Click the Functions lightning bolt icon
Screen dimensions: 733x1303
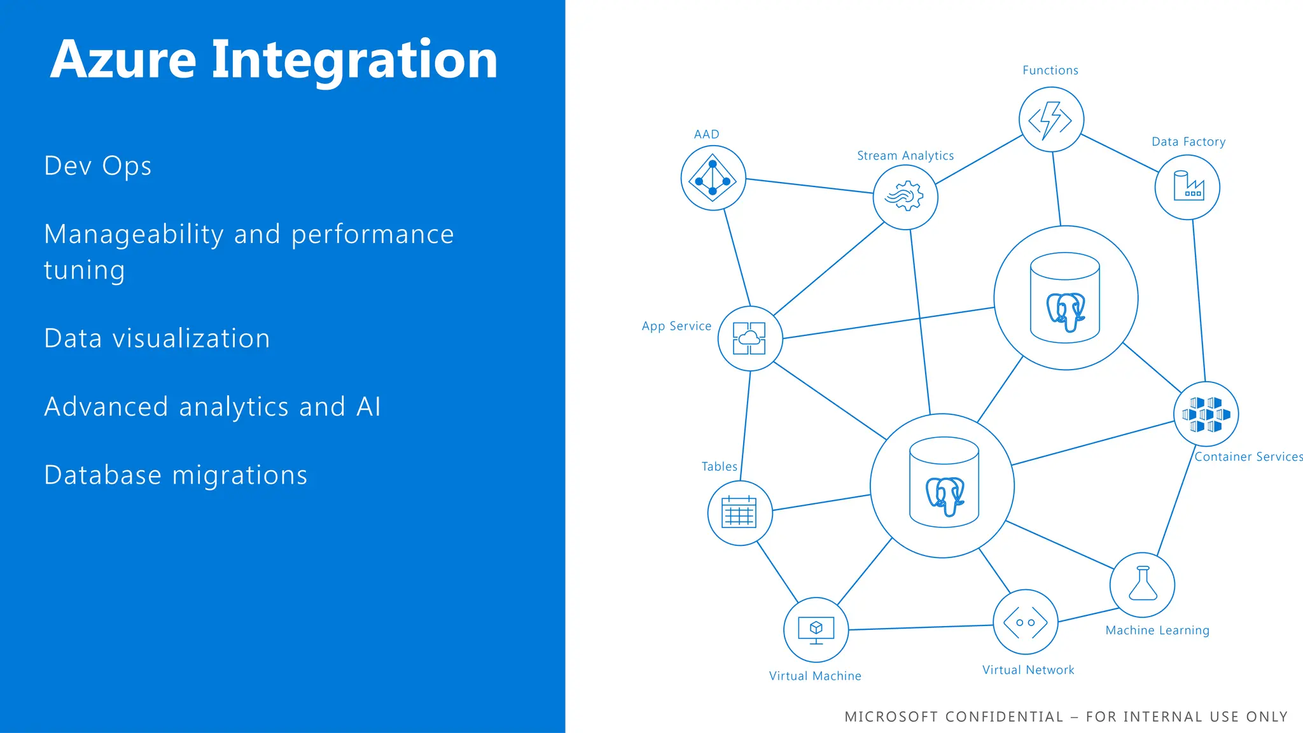pos(1051,120)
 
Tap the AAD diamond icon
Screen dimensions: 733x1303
pos(713,178)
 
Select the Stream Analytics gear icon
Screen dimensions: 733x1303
pos(905,196)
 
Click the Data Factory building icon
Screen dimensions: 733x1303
pos(1187,186)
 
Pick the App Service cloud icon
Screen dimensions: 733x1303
pos(749,338)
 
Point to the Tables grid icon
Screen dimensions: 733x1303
pos(739,512)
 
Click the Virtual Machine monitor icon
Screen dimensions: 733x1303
pos(816,629)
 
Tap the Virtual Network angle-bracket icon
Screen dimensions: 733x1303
pos(1025,622)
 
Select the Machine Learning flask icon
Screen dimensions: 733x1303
pos(1143,584)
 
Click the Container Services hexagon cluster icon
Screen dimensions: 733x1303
pos(1206,414)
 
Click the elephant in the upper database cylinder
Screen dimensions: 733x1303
pos(1066,312)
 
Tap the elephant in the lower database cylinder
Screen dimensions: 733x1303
pos(945,496)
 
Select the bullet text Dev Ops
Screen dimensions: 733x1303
pos(97,166)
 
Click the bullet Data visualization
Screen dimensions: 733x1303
pos(157,339)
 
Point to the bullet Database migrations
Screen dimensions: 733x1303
pos(176,475)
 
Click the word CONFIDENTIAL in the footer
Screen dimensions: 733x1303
pos(1004,717)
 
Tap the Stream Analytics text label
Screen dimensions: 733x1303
pos(905,156)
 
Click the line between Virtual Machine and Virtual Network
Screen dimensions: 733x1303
pos(921,627)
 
